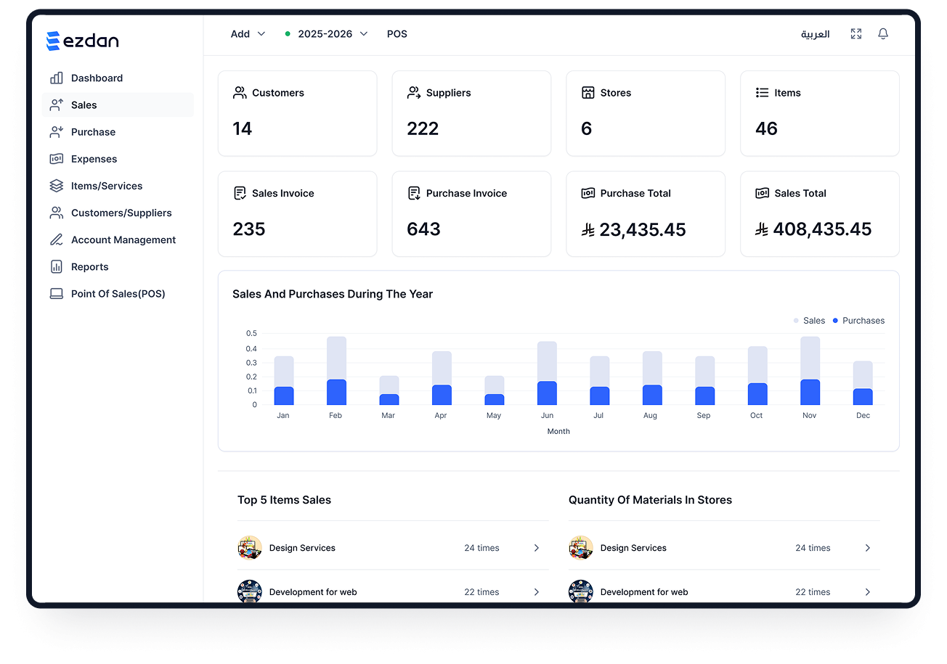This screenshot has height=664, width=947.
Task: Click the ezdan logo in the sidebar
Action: point(82,41)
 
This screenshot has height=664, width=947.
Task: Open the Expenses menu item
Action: point(94,159)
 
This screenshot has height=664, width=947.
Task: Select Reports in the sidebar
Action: point(89,267)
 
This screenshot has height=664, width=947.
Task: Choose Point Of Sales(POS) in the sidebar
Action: point(118,294)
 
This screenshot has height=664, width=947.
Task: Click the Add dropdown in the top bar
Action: point(248,34)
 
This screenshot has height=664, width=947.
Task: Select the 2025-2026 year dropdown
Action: point(326,34)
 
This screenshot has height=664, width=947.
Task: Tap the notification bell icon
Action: point(883,34)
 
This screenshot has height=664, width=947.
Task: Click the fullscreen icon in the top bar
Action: point(856,34)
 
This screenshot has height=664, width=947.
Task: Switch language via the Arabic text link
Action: point(815,34)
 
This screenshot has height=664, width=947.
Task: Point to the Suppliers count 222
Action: point(423,128)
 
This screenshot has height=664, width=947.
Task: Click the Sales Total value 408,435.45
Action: point(821,229)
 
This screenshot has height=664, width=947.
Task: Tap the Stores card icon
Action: point(588,93)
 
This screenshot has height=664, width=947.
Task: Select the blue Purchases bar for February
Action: point(336,393)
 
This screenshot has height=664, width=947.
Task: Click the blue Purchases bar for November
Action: point(810,393)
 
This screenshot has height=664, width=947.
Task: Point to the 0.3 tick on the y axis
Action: point(251,362)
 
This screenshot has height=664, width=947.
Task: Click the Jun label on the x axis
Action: point(547,416)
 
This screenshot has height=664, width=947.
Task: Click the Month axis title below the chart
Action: point(558,431)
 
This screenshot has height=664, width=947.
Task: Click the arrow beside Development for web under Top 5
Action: point(537,592)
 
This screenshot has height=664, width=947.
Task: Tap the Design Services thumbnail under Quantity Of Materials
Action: point(581,548)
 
